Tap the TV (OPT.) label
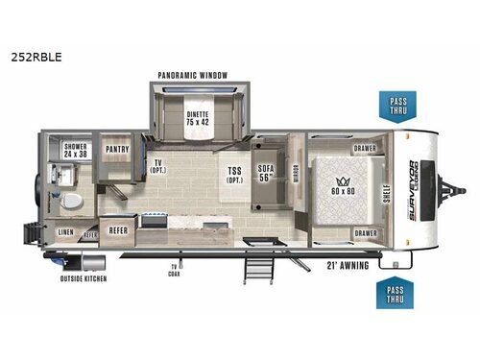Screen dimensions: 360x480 (157, 167)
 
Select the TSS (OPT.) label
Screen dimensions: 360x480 (234, 175)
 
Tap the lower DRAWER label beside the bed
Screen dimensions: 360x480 (364, 233)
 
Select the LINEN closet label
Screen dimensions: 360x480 (65, 232)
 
